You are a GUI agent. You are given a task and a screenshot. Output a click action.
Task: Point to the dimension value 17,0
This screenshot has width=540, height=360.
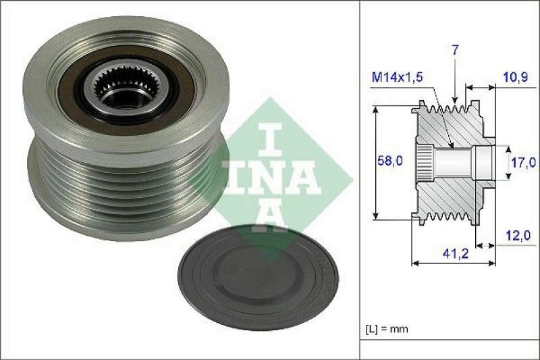click(524, 162)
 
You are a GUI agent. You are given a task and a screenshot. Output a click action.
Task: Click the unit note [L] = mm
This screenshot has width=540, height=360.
click(387, 330)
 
